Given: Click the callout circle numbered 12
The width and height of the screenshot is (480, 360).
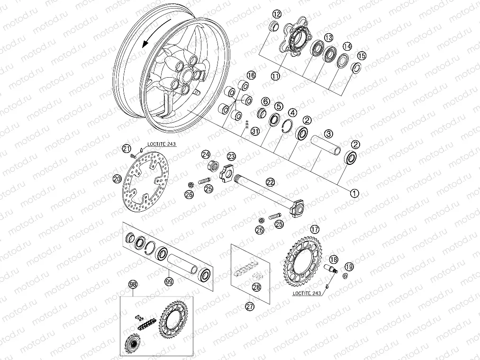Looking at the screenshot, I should (275, 14).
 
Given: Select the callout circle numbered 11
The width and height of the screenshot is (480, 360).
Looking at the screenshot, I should (275, 75).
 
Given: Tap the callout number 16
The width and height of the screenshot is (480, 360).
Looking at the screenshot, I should (251, 75).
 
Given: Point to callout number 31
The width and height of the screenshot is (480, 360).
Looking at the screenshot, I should (255, 131).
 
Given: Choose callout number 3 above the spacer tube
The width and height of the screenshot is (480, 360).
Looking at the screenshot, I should (329, 121).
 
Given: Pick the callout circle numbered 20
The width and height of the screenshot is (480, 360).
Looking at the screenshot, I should (117, 179).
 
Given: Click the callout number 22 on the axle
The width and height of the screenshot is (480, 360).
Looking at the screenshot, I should (270, 181).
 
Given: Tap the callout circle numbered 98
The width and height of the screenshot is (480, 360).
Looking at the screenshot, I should (133, 284).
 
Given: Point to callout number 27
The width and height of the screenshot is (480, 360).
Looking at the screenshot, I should (250, 306).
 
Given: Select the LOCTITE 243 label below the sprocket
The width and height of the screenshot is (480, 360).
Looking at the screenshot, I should (306, 293).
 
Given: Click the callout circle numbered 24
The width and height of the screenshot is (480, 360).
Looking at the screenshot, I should (205, 154).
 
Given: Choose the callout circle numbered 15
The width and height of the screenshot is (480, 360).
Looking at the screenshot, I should (362, 56).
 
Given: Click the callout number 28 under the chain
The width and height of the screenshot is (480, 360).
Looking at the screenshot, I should (256, 287).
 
